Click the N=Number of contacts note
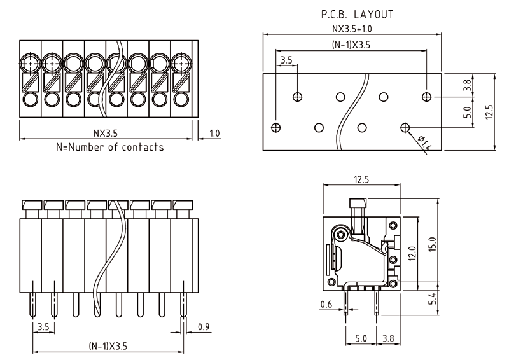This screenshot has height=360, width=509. click(x=109, y=148)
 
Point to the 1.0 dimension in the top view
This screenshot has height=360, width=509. click(x=214, y=134)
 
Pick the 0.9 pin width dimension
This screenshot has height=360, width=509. click(x=204, y=327)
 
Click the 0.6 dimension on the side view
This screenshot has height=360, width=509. click(x=326, y=303)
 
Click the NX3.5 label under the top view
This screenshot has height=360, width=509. click(x=106, y=134)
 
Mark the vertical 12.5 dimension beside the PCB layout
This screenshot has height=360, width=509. click(x=489, y=112)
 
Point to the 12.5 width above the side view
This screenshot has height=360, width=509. click(x=361, y=180)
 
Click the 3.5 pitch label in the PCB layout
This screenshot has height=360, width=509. click(x=286, y=60)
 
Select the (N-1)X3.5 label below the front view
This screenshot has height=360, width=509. click(x=108, y=346)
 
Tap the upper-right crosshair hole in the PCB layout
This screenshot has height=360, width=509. click(x=426, y=97)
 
